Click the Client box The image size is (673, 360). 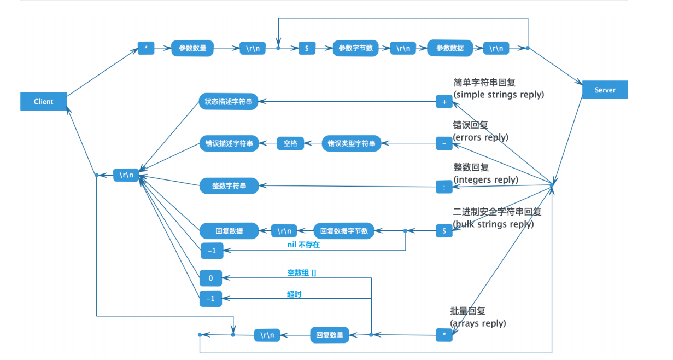(43, 102)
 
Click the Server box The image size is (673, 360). (605, 90)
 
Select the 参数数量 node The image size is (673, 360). (192, 48)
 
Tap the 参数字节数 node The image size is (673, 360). (355, 48)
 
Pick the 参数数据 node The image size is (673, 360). (449, 48)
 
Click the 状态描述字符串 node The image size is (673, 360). (229, 102)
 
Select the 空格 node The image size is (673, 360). (290, 143)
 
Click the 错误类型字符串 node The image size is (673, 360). (351, 143)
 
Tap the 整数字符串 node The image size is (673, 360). (229, 186)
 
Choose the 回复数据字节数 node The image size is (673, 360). (343, 231)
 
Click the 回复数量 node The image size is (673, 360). (330, 335)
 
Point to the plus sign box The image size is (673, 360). (444, 102)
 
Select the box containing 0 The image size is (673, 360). (211, 278)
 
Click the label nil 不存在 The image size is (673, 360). (303, 245)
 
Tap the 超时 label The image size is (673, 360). (294, 294)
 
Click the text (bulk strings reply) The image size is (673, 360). (493, 224)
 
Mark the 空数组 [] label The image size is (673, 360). (301, 272)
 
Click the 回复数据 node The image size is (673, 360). (229, 231)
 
